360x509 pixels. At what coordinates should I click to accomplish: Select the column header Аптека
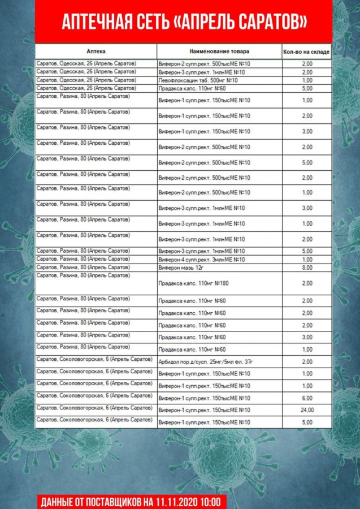tap(96, 51)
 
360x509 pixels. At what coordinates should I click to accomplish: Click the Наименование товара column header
tap(219, 51)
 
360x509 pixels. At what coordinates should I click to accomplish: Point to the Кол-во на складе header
tap(307, 52)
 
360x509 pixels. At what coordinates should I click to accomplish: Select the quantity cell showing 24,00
tap(307, 409)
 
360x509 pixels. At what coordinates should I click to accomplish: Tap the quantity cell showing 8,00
tap(307, 268)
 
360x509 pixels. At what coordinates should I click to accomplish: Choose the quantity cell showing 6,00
tap(307, 398)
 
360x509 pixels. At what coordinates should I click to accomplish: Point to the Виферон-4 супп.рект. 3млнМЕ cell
tap(201, 259)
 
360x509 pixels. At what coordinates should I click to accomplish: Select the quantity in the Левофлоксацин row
tap(307, 80)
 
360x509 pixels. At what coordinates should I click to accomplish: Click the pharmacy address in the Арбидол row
tap(94, 359)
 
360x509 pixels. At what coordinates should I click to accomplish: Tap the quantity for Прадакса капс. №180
tap(307, 283)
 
